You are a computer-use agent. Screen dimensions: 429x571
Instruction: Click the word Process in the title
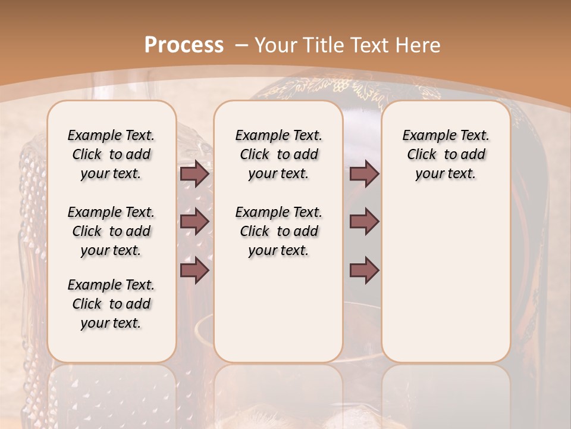[184, 45]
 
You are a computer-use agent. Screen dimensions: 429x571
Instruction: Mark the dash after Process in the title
[241, 45]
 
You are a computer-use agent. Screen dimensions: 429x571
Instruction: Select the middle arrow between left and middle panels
[194, 222]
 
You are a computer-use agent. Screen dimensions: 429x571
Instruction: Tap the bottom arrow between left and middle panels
[194, 271]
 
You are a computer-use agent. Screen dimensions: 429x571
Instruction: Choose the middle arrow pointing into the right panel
[364, 222]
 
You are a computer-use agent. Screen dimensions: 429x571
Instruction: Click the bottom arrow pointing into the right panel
[364, 271]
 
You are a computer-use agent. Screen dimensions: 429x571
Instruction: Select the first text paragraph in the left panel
[111, 154]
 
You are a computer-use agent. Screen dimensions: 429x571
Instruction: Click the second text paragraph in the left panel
[111, 231]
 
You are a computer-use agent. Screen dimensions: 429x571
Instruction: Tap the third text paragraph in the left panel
[111, 304]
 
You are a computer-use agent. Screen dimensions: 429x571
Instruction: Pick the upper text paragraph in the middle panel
[278, 154]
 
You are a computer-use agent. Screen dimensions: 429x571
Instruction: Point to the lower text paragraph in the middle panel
[278, 231]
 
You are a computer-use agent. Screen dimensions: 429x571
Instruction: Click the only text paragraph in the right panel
[445, 154]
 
